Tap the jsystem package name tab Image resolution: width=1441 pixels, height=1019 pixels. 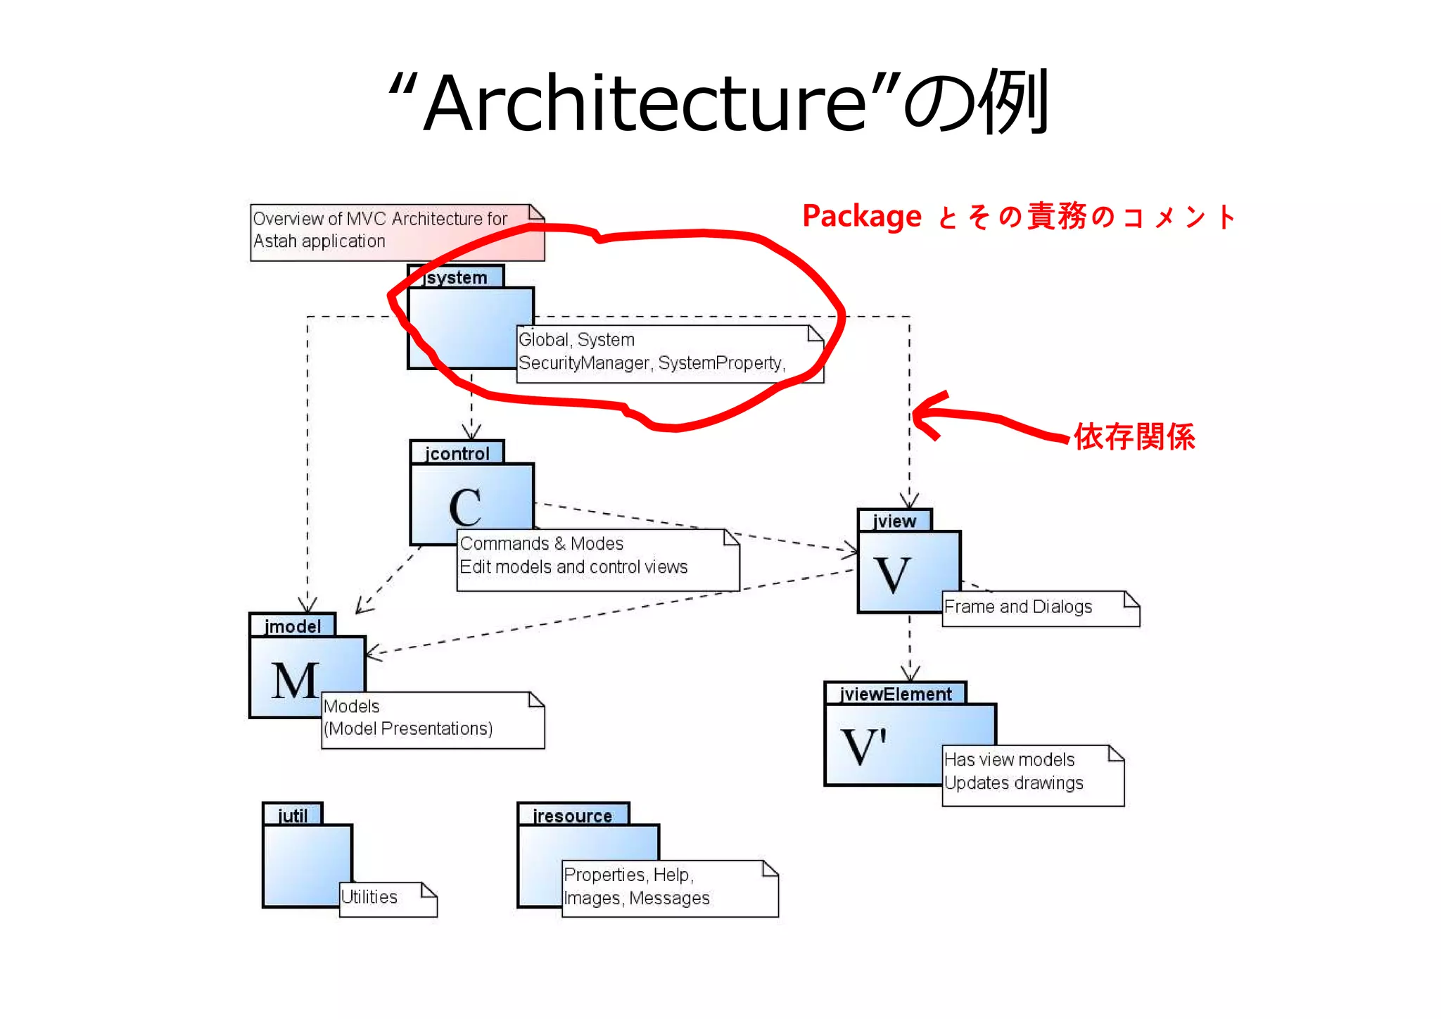pos(456,277)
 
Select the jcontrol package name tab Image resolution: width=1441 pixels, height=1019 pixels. pos(457,453)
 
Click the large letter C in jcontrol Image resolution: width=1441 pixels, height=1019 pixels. pos(465,507)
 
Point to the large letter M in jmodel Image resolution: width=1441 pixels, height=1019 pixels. pos(296,681)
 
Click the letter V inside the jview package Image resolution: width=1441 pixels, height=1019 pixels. pos(892,574)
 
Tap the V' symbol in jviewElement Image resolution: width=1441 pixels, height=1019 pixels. pos(863,745)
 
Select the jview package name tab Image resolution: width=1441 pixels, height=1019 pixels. pos(894,521)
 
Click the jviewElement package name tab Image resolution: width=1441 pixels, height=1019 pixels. pos(895,694)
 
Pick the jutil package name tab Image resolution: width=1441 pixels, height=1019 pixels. pos(293,815)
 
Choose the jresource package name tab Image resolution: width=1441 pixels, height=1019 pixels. pos(572,815)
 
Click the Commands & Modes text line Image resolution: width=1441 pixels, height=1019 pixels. pos(541,544)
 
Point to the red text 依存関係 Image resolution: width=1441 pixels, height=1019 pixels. pos(1134,436)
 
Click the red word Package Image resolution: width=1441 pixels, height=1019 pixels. pos(861,216)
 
